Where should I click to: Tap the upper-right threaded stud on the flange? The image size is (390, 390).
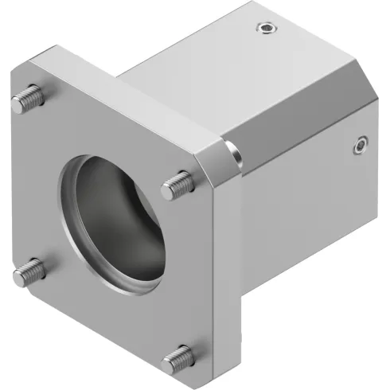coord(177,185)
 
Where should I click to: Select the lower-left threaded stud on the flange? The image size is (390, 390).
coord(29,271)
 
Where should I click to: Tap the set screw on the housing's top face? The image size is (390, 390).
coord(265,29)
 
